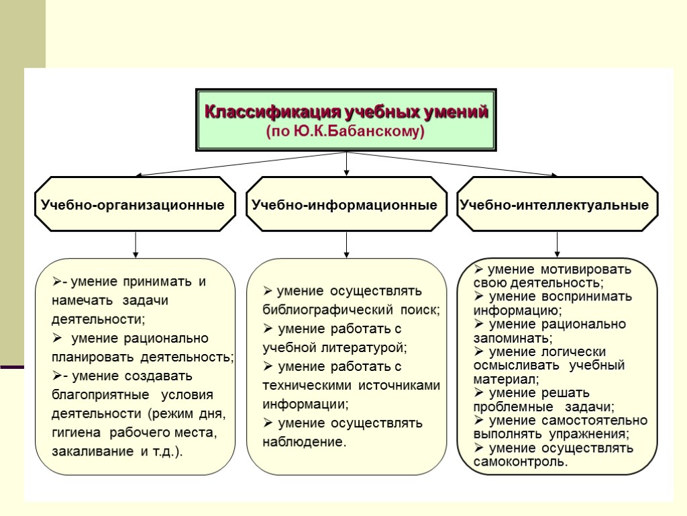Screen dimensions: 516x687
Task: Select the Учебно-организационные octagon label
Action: pos(133,205)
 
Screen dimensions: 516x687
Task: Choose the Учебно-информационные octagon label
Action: pos(344,205)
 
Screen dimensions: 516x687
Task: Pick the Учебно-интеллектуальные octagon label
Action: pos(554,205)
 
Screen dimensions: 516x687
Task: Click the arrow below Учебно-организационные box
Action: pos(136,245)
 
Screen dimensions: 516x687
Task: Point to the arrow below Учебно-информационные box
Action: pos(346,245)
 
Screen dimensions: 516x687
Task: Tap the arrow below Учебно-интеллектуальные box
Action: pos(557,245)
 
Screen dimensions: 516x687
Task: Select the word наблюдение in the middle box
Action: pos(303,442)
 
